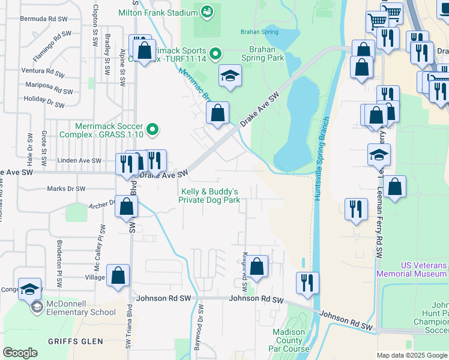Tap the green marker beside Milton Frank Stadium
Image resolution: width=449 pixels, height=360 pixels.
207,11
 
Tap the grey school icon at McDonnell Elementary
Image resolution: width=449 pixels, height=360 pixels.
37,308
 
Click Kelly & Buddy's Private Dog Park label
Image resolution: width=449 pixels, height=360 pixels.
210,196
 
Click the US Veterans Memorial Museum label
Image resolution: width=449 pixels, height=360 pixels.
412,269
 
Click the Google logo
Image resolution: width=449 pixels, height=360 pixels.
20,353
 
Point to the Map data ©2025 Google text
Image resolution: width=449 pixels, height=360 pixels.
411,355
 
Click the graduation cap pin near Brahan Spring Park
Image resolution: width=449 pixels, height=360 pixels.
230,76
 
